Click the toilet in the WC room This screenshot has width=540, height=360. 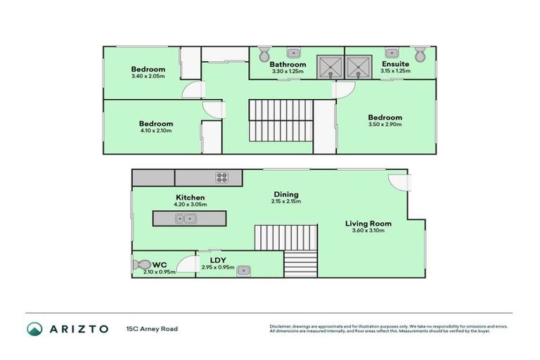(x=139, y=265)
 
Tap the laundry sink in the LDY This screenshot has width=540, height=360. (x=244, y=269)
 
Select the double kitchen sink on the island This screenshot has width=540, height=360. (x=185, y=219)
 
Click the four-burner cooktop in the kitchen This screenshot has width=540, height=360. (x=222, y=177)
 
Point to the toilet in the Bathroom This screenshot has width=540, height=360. (x=264, y=54)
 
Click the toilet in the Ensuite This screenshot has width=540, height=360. (x=420, y=54)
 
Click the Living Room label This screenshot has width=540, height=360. (x=368, y=224)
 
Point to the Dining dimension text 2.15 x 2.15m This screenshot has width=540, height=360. (x=286, y=202)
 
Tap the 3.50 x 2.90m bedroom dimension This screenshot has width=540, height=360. (x=385, y=124)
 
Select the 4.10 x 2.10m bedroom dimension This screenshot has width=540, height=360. (x=155, y=131)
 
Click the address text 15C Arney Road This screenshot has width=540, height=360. (x=152, y=328)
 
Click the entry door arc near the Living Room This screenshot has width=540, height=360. (x=399, y=181)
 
